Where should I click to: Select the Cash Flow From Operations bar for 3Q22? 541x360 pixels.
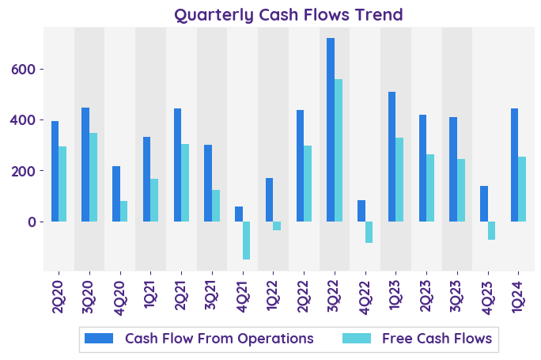pos(331,130)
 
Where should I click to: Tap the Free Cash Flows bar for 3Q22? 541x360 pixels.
pos(339,150)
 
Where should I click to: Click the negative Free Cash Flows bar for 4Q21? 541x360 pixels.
pos(247,241)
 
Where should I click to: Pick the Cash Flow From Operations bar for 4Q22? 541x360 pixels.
pos(361,210)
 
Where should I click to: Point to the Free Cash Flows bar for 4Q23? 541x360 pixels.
pos(491,230)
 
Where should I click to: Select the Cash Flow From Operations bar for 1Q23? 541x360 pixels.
pos(392,157)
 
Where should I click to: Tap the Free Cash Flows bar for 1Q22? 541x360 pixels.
pos(277,225)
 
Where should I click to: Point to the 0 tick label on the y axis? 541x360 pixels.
pos(32,222)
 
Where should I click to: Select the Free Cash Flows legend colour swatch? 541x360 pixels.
pos(358,339)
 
